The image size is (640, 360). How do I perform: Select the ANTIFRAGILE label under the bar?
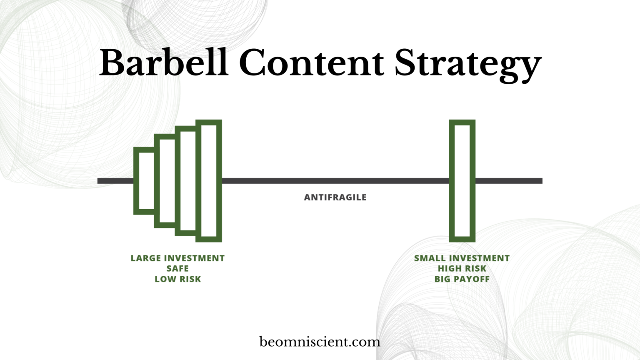(x=335, y=197)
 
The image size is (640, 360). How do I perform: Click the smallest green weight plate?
(x=145, y=180)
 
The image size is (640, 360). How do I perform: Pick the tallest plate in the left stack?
(x=209, y=180)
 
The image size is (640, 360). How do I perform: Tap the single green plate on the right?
(x=462, y=180)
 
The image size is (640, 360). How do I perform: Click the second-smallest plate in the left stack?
(x=165, y=180)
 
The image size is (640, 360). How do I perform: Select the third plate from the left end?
(x=186, y=180)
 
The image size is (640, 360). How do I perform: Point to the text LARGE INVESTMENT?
(x=177, y=258)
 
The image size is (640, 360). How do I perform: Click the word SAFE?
(x=177, y=269)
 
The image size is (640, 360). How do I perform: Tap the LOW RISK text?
(x=177, y=279)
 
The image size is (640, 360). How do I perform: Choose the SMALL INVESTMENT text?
(x=462, y=258)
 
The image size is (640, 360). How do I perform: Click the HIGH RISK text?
(x=462, y=269)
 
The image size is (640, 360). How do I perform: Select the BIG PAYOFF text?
(x=462, y=279)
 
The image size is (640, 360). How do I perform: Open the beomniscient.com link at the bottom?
(x=320, y=342)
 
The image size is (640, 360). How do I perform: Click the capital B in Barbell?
(x=112, y=62)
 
